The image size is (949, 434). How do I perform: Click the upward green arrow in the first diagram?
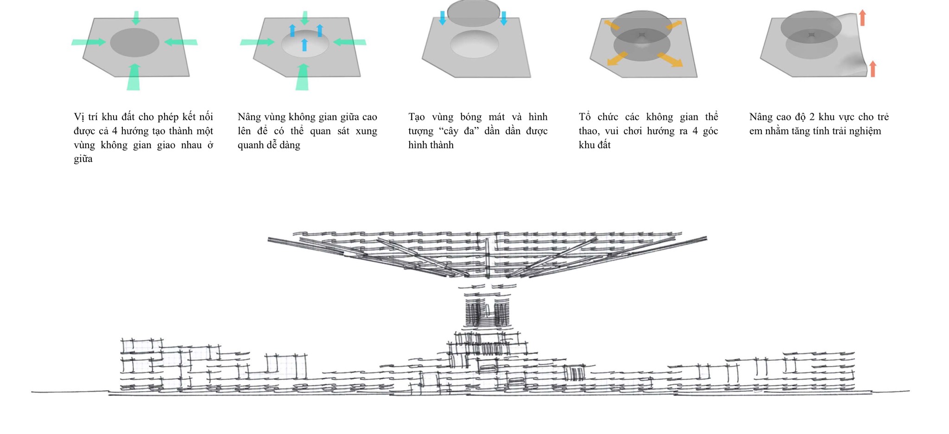tap(133, 76)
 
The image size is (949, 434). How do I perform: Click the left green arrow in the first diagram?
tap(89, 42)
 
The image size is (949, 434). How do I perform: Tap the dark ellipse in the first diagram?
tap(135, 43)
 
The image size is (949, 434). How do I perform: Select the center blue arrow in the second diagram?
tap(304, 44)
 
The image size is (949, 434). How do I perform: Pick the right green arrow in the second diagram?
tap(349, 42)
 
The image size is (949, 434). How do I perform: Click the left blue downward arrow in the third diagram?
tap(442, 18)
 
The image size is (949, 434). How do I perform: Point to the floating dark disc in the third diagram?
tap(474, 13)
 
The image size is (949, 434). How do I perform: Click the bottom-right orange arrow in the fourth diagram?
tap(670, 59)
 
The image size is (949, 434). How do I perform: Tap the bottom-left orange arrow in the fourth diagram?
tap(617, 58)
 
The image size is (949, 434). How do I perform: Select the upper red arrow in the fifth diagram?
tap(862, 18)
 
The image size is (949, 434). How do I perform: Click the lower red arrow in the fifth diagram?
tap(873, 69)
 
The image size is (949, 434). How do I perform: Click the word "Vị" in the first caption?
tap(79, 117)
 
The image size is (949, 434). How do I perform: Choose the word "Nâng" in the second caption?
tap(249, 117)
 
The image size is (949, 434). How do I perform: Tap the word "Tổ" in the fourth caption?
tap(584, 117)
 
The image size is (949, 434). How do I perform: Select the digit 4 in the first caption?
tap(115, 131)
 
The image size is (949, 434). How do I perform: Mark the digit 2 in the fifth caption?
tap(811, 117)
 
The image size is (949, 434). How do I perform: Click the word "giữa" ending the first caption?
tap(83, 159)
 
